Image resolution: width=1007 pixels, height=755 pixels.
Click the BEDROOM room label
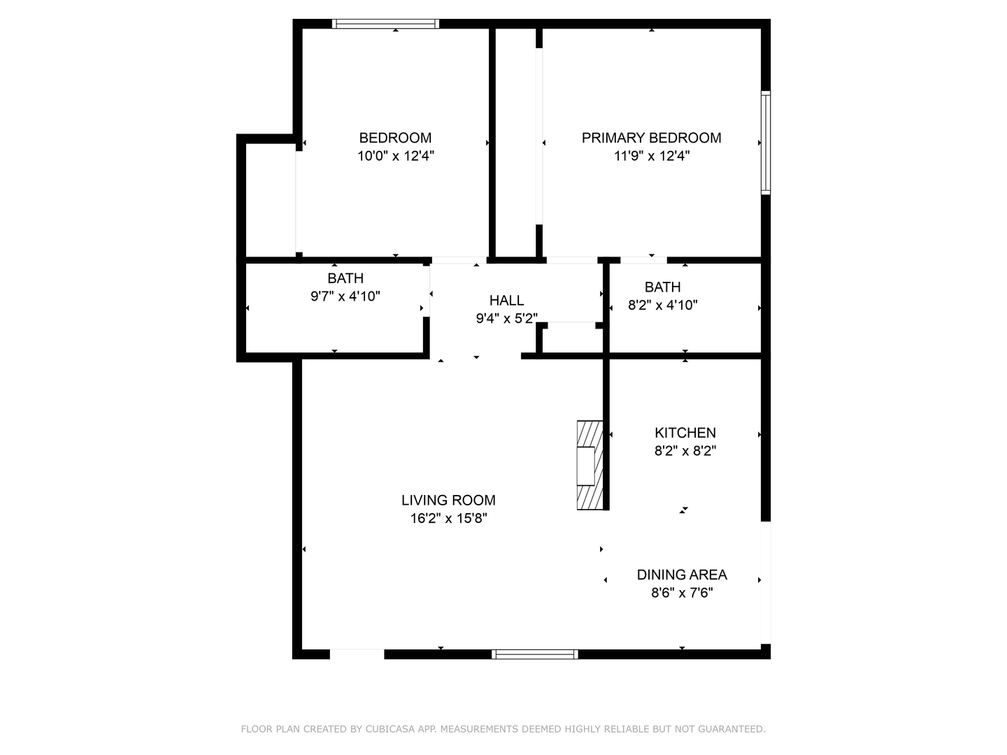point(395,138)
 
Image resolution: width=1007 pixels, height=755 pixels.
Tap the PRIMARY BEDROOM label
point(651,138)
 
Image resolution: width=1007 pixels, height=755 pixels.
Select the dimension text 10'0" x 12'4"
point(396,156)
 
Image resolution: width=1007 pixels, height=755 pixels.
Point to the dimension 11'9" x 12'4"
point(652,156)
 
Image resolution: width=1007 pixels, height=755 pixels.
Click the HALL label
point(506,301)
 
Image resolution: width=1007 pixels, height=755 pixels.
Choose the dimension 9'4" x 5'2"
point(506,319)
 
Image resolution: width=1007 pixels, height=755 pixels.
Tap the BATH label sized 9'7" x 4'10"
point(345,278)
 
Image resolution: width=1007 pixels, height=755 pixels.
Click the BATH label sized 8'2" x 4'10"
point(662,287)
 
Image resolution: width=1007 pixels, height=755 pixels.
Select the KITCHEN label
point(685,433)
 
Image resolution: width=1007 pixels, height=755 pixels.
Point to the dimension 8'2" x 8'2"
point(685,451)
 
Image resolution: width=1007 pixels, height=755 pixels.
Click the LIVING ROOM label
point(448,501)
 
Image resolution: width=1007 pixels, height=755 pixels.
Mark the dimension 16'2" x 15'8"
point(448,519)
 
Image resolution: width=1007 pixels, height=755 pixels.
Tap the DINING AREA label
point(681,575)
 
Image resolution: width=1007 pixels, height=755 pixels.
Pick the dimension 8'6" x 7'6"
point(681,593)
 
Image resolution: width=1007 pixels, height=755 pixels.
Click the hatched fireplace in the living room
point(590,465)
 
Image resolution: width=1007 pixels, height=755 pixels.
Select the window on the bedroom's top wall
point(385,24)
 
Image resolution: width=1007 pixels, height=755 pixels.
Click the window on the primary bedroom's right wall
point(766,143)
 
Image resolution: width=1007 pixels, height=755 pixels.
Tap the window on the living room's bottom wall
point(534,654)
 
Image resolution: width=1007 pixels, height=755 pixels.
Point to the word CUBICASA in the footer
point(390,729)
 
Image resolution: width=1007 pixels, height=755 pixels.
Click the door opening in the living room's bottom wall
point(357,654)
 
